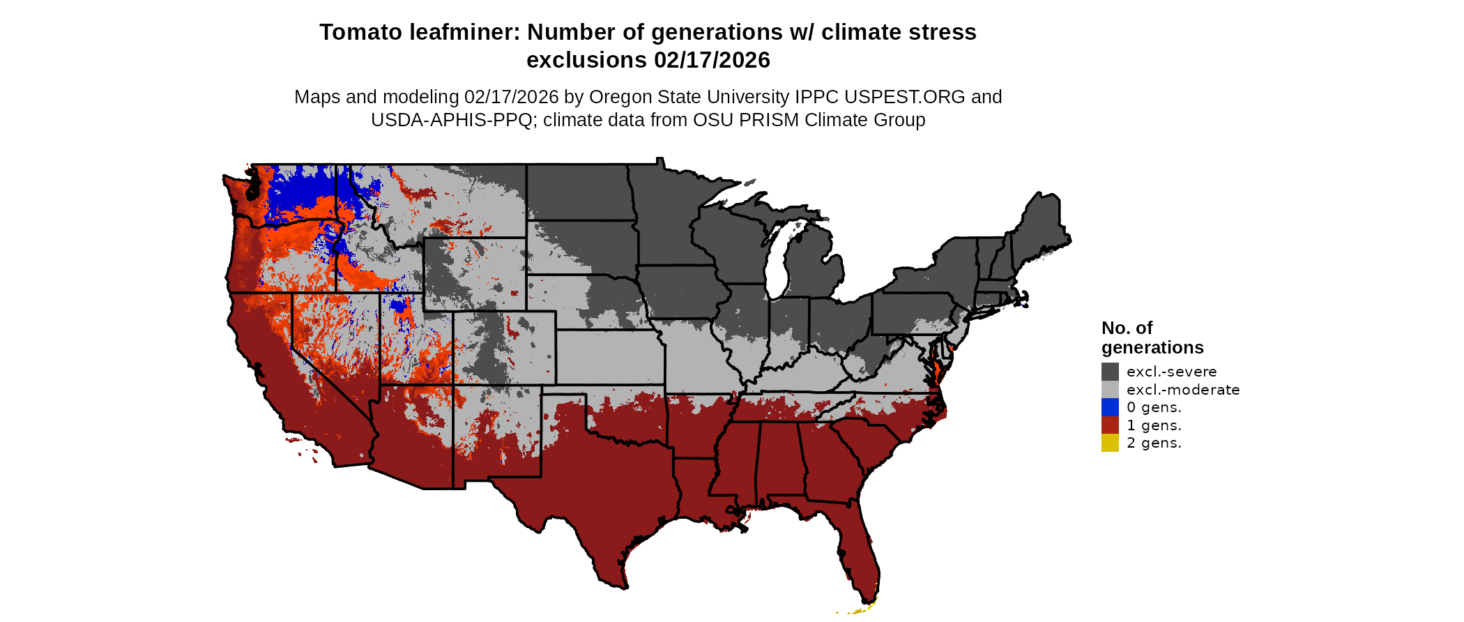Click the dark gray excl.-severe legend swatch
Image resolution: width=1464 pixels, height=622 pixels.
point(1110,372)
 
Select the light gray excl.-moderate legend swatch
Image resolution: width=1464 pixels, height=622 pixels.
point(1110,390)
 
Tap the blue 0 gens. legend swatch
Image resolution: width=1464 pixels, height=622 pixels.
point(1110,407)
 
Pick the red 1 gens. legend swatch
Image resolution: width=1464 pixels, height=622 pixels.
point(1110,425)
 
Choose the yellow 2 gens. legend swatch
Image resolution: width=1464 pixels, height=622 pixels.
point(1110,443)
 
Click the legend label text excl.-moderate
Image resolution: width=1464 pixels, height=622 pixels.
point(1183,390)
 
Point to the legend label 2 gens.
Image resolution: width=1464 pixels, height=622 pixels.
point(1154,443)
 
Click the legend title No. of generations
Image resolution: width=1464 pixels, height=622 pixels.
point(1152,337)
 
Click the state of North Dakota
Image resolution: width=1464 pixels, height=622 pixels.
point(579,192)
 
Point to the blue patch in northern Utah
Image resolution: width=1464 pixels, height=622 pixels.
point(399,306)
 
